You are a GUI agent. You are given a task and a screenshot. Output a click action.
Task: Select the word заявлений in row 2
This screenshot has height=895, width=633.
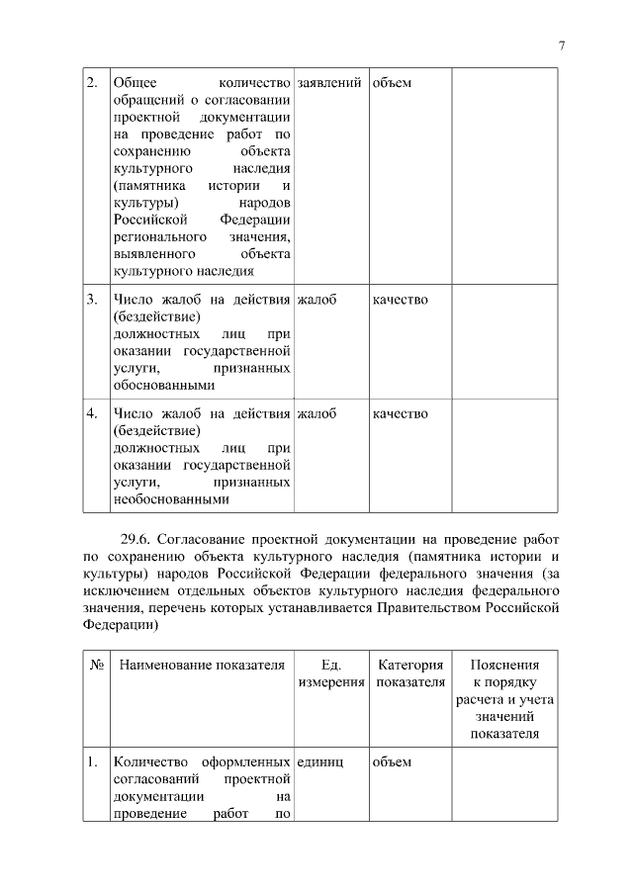click(x=328, y=82)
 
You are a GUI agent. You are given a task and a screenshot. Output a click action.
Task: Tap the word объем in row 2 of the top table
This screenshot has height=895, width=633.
click(x=392, y=82)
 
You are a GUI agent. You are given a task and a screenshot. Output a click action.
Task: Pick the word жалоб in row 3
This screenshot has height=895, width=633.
click(x=316, y=300)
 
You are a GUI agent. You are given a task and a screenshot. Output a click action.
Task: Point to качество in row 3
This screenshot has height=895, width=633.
click(x=401, y=300)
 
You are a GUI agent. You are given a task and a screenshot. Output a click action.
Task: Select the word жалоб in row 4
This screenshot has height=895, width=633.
click(x=316, y=413)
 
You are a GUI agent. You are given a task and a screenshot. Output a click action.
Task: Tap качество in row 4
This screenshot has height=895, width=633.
click(x=401, y=413)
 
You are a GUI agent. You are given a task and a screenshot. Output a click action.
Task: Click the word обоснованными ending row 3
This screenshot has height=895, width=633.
click(x=163, y=386)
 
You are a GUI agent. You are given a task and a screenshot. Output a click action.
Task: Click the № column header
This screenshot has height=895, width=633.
click(x=97, y=666)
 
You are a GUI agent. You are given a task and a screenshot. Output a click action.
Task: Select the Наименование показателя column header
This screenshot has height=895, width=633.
click(x=202, y=666)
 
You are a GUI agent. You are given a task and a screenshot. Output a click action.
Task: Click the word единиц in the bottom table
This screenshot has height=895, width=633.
click(x=319, y=761)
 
